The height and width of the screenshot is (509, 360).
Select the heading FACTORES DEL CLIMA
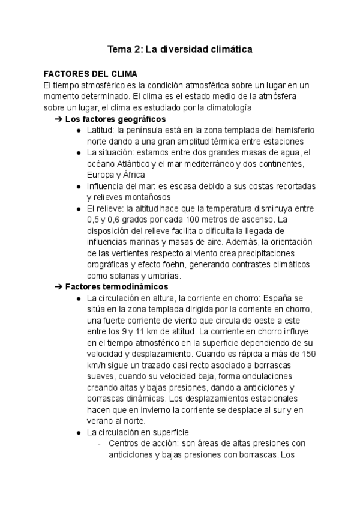(x=91, y=74)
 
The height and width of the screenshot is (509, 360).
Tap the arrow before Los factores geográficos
(x=58, y=119)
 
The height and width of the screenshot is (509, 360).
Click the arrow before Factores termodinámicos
(x=58, y=286)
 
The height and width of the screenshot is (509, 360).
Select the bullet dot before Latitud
(x=79, y=130)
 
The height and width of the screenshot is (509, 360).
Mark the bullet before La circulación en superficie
(x=79, y=432)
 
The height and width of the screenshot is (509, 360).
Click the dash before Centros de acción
(x=100, y=443)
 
